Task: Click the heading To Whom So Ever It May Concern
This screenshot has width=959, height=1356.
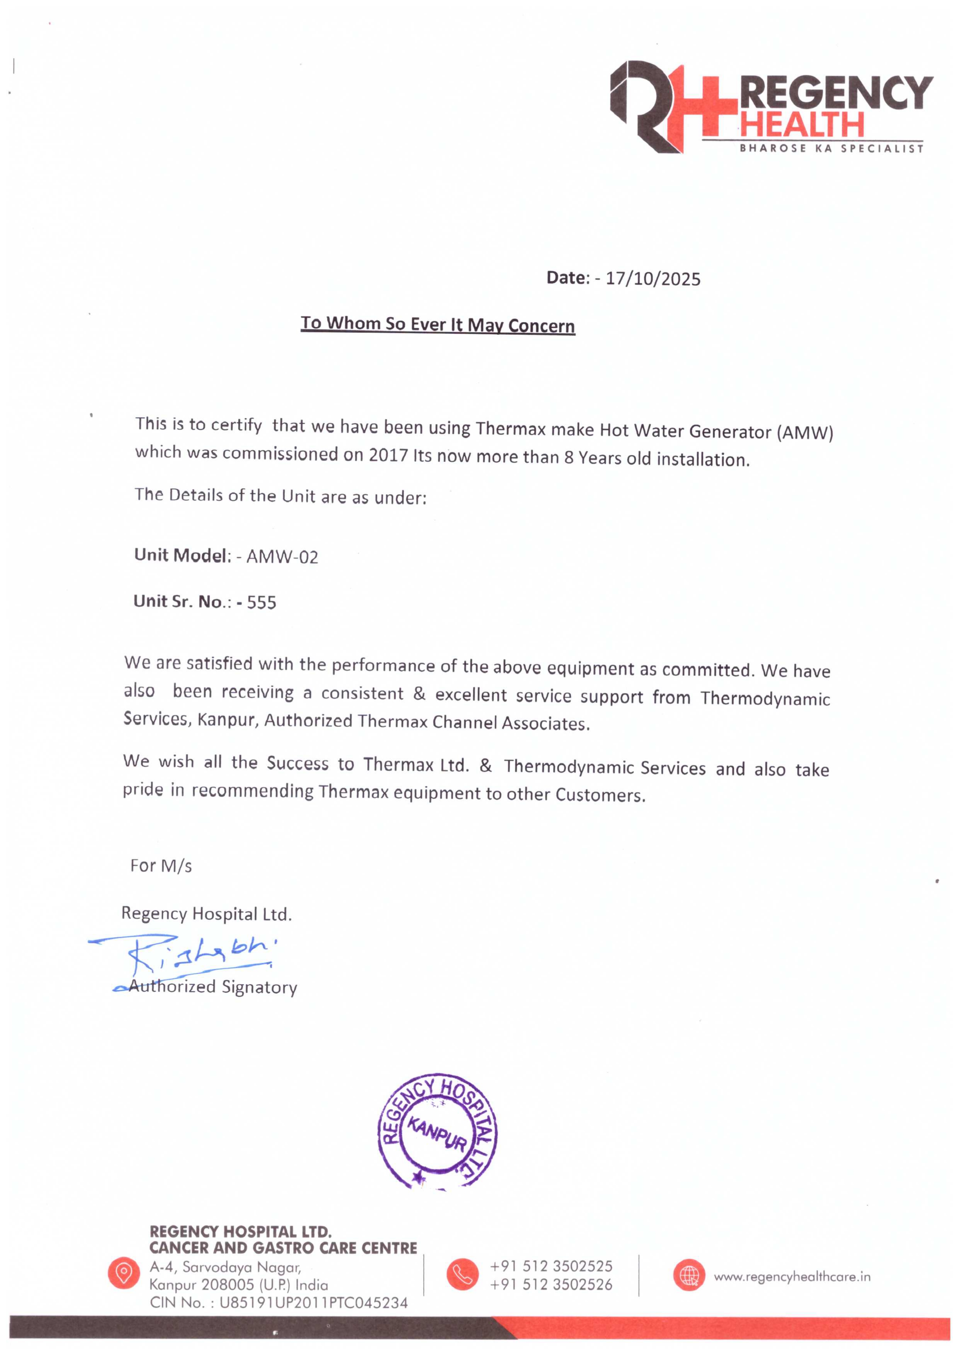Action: click(437, 324)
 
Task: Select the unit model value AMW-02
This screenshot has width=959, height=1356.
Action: click(282, 557)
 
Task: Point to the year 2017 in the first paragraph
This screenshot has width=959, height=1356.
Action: click(388, 455)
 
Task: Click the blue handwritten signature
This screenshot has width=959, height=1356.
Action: click(189, 952)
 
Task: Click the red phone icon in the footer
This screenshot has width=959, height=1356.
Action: click(462, 1274)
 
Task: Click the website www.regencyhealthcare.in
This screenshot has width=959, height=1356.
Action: click(792, 1277)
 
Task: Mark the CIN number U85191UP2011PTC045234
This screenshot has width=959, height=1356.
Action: click(313, 1303)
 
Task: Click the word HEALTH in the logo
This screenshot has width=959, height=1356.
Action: click(802, 124)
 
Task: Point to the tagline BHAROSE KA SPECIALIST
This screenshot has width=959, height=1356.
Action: click(831, 148)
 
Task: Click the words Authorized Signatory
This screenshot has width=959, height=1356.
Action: click(213, 987)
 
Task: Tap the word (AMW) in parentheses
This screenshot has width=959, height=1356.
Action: click(805, 433)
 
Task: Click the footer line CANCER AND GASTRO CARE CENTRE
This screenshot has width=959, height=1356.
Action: click(283, 1248)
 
